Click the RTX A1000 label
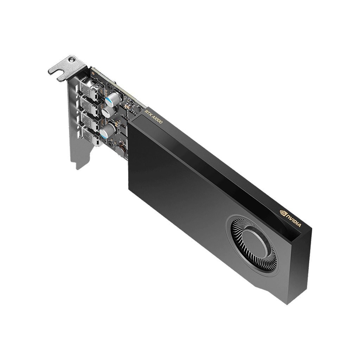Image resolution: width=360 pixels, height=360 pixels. tap(153, 117)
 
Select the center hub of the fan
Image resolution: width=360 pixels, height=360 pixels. tap(255, 241)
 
